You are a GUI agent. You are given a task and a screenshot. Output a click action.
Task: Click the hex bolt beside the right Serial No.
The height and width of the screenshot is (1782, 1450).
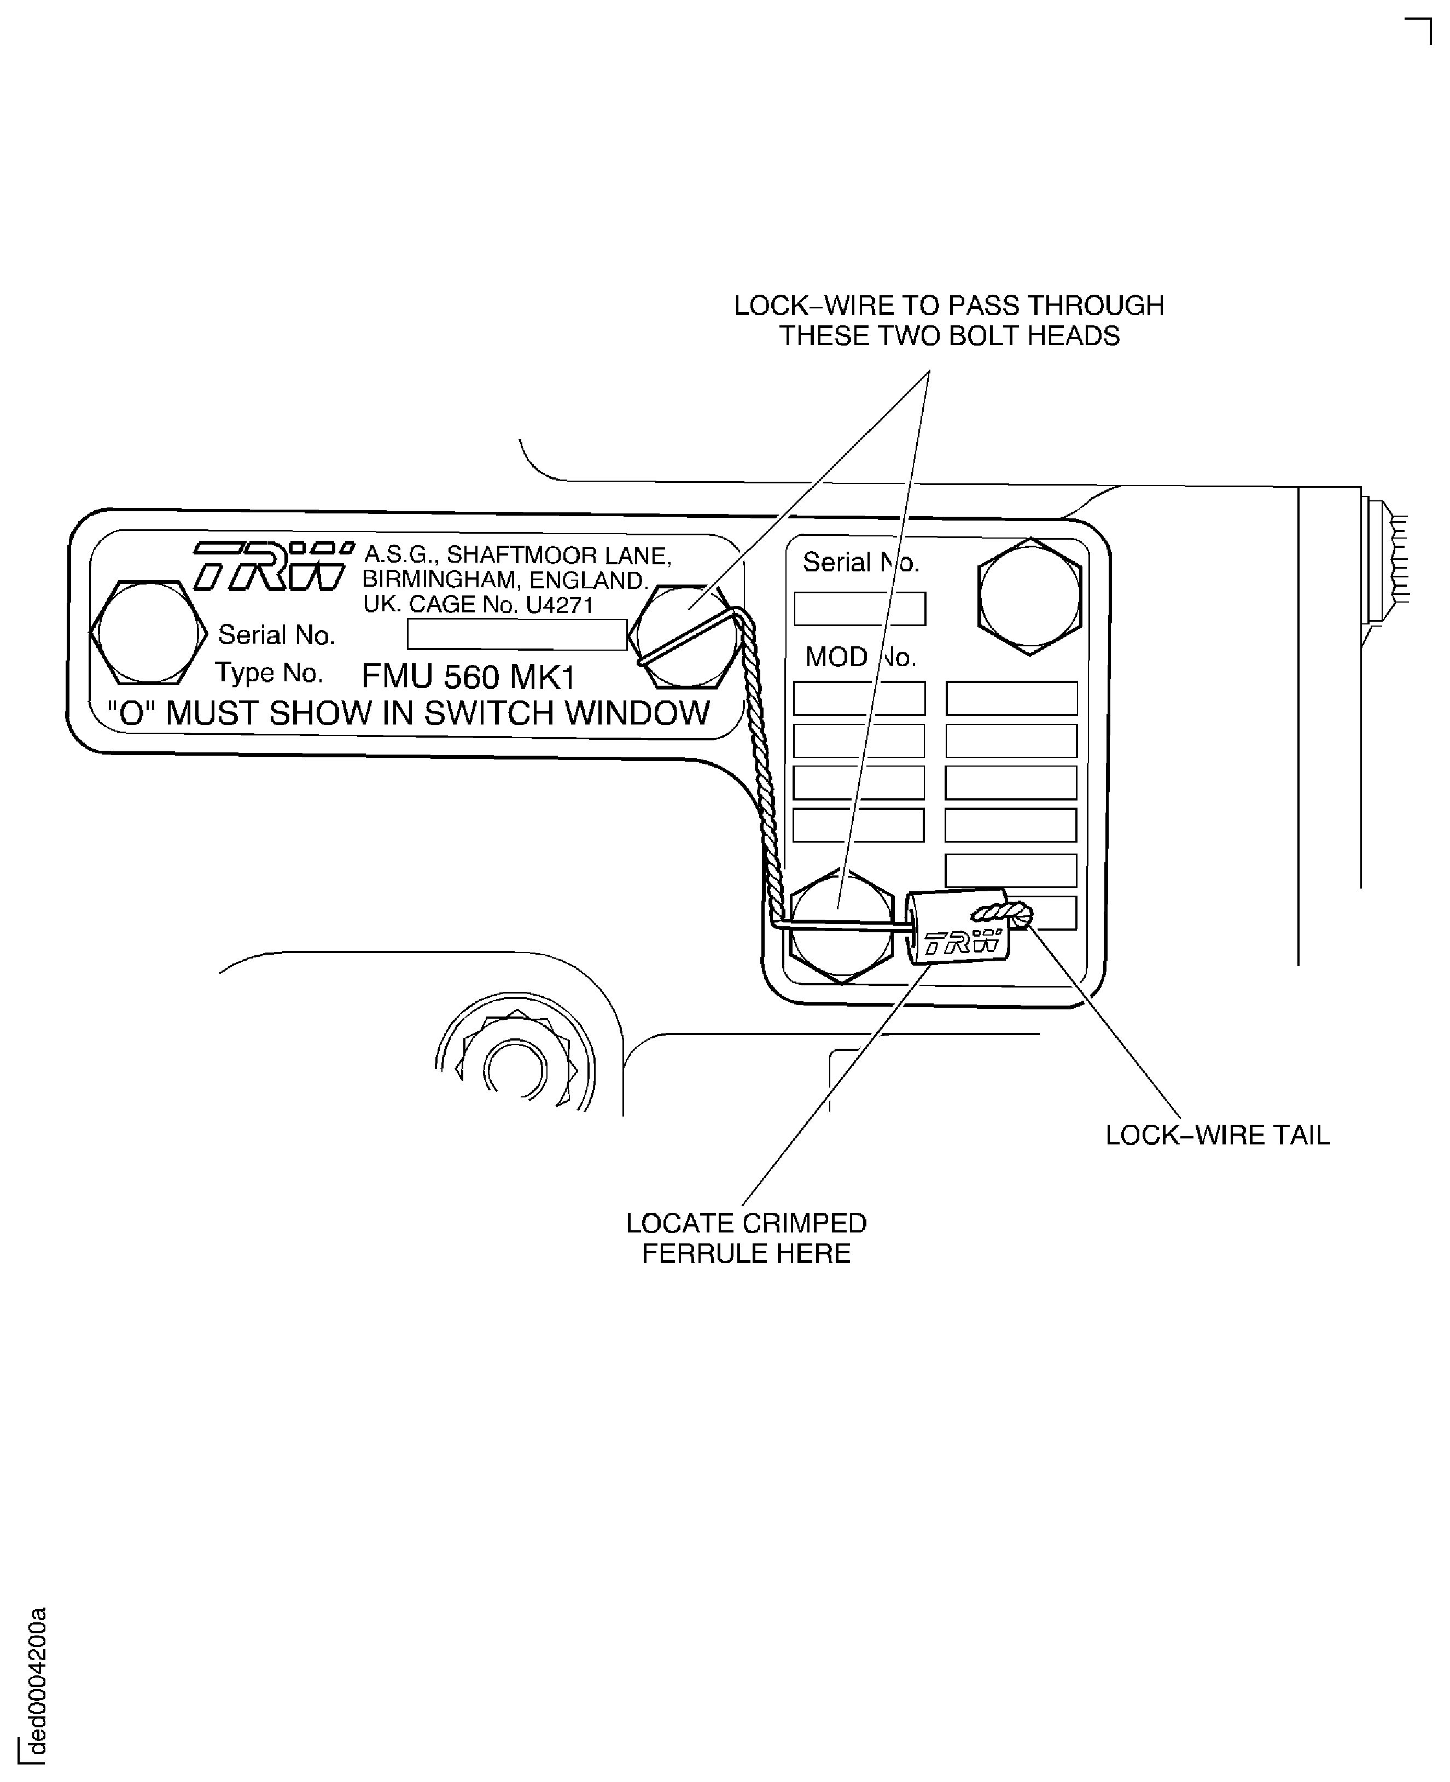pyautogui.click(x=1030, y=596)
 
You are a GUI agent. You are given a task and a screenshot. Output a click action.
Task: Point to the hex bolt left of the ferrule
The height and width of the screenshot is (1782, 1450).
pyautogui.click(x=840, y=926)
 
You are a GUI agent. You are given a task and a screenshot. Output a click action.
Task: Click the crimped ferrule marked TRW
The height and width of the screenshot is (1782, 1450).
pyautogui.click(x=959, y=927)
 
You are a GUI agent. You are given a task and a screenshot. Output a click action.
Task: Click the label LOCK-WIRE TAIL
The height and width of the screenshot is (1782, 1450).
pyautogui.click(x=1217, y=1136)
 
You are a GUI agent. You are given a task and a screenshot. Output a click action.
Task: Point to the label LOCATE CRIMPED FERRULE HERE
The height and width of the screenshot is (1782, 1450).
pyautogui.click(x=746, y=1238)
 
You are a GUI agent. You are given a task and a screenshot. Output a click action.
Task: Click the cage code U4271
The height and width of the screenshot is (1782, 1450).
pyautogui.click(x=559, y=605)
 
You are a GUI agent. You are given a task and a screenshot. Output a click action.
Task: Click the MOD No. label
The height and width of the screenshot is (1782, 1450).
pyautogui.click(x=860, y=657)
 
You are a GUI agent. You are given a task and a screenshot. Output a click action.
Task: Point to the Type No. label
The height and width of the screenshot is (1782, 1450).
pyautogui.click(x=269, y=672)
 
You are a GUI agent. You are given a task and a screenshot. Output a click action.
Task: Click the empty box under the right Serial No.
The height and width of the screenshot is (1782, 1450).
pyautogui.click(x=859, y=609)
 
